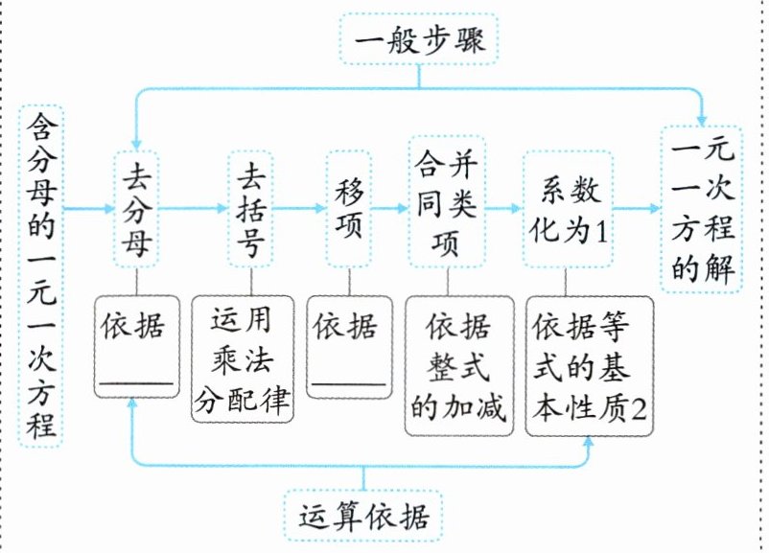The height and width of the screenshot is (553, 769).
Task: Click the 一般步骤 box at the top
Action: pos(419,38)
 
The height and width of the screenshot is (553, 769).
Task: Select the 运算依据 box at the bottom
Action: pos(362,516)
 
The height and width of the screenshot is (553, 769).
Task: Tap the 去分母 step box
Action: pos(136,208)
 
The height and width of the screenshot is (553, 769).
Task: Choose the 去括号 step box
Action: pos(250,208)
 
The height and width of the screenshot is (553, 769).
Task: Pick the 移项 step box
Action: pos(349,208)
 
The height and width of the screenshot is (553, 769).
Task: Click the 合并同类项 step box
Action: pos(447,201)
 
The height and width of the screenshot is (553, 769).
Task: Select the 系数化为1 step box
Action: pos(568,208)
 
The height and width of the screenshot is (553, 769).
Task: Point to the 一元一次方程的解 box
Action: pos(701,209)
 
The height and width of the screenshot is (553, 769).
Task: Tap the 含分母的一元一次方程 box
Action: pos(41,275)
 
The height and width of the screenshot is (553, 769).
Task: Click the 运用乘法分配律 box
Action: pos(243,358)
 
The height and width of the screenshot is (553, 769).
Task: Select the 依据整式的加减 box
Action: pos(459,366)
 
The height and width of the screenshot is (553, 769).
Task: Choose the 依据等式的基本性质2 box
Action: pos(589,366)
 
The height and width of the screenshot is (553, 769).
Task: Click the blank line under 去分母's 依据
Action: pos(137,381)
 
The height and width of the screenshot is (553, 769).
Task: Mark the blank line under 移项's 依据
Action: pos(349,383)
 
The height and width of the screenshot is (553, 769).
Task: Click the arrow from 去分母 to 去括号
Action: pos(194,208)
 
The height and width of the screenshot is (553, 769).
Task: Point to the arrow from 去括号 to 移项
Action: pos(300,208)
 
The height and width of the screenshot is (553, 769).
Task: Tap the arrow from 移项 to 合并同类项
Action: pos(390,208)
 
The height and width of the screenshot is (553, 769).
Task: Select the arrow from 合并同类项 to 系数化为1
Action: pos(504,208)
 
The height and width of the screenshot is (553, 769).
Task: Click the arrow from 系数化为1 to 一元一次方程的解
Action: pos(637,208)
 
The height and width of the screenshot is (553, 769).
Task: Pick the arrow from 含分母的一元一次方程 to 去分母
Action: pos(89,208)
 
